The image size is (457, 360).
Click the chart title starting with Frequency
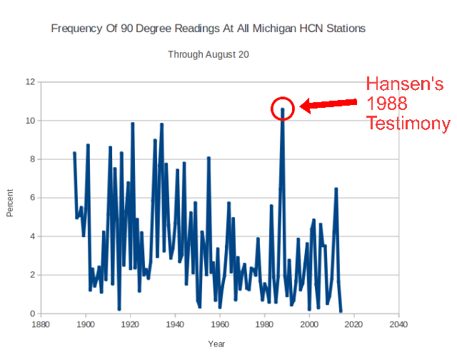(x=209, y=29)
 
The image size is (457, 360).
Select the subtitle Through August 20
(x=208, y=54)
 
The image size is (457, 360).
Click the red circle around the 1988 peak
(x=283, y=108)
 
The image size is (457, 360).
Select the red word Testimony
(x=408, y=124)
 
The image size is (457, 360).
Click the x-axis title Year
(x=217, y=344)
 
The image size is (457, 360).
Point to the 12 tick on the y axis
(x=30, y=81)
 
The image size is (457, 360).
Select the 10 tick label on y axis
(x=30, y=120)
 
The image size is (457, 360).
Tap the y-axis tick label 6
(x=32, y=197)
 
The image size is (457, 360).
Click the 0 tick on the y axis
(x=32, y=314)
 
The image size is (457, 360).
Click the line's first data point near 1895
(x=74, y=153)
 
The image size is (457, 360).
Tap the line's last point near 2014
(x=341, y=311)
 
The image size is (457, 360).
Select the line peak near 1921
(x=132, y=124)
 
